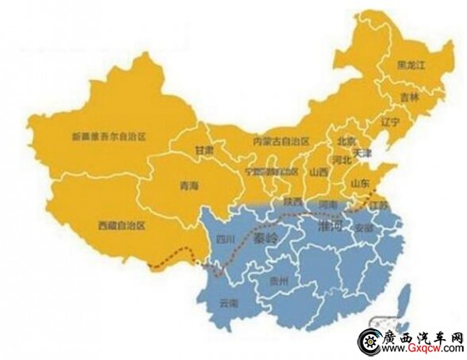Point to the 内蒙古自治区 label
281,142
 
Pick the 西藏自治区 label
121,225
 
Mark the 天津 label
361,152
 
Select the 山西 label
318,172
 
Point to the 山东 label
359,182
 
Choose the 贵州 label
279,282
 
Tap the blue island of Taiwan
405,297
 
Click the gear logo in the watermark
369,341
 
